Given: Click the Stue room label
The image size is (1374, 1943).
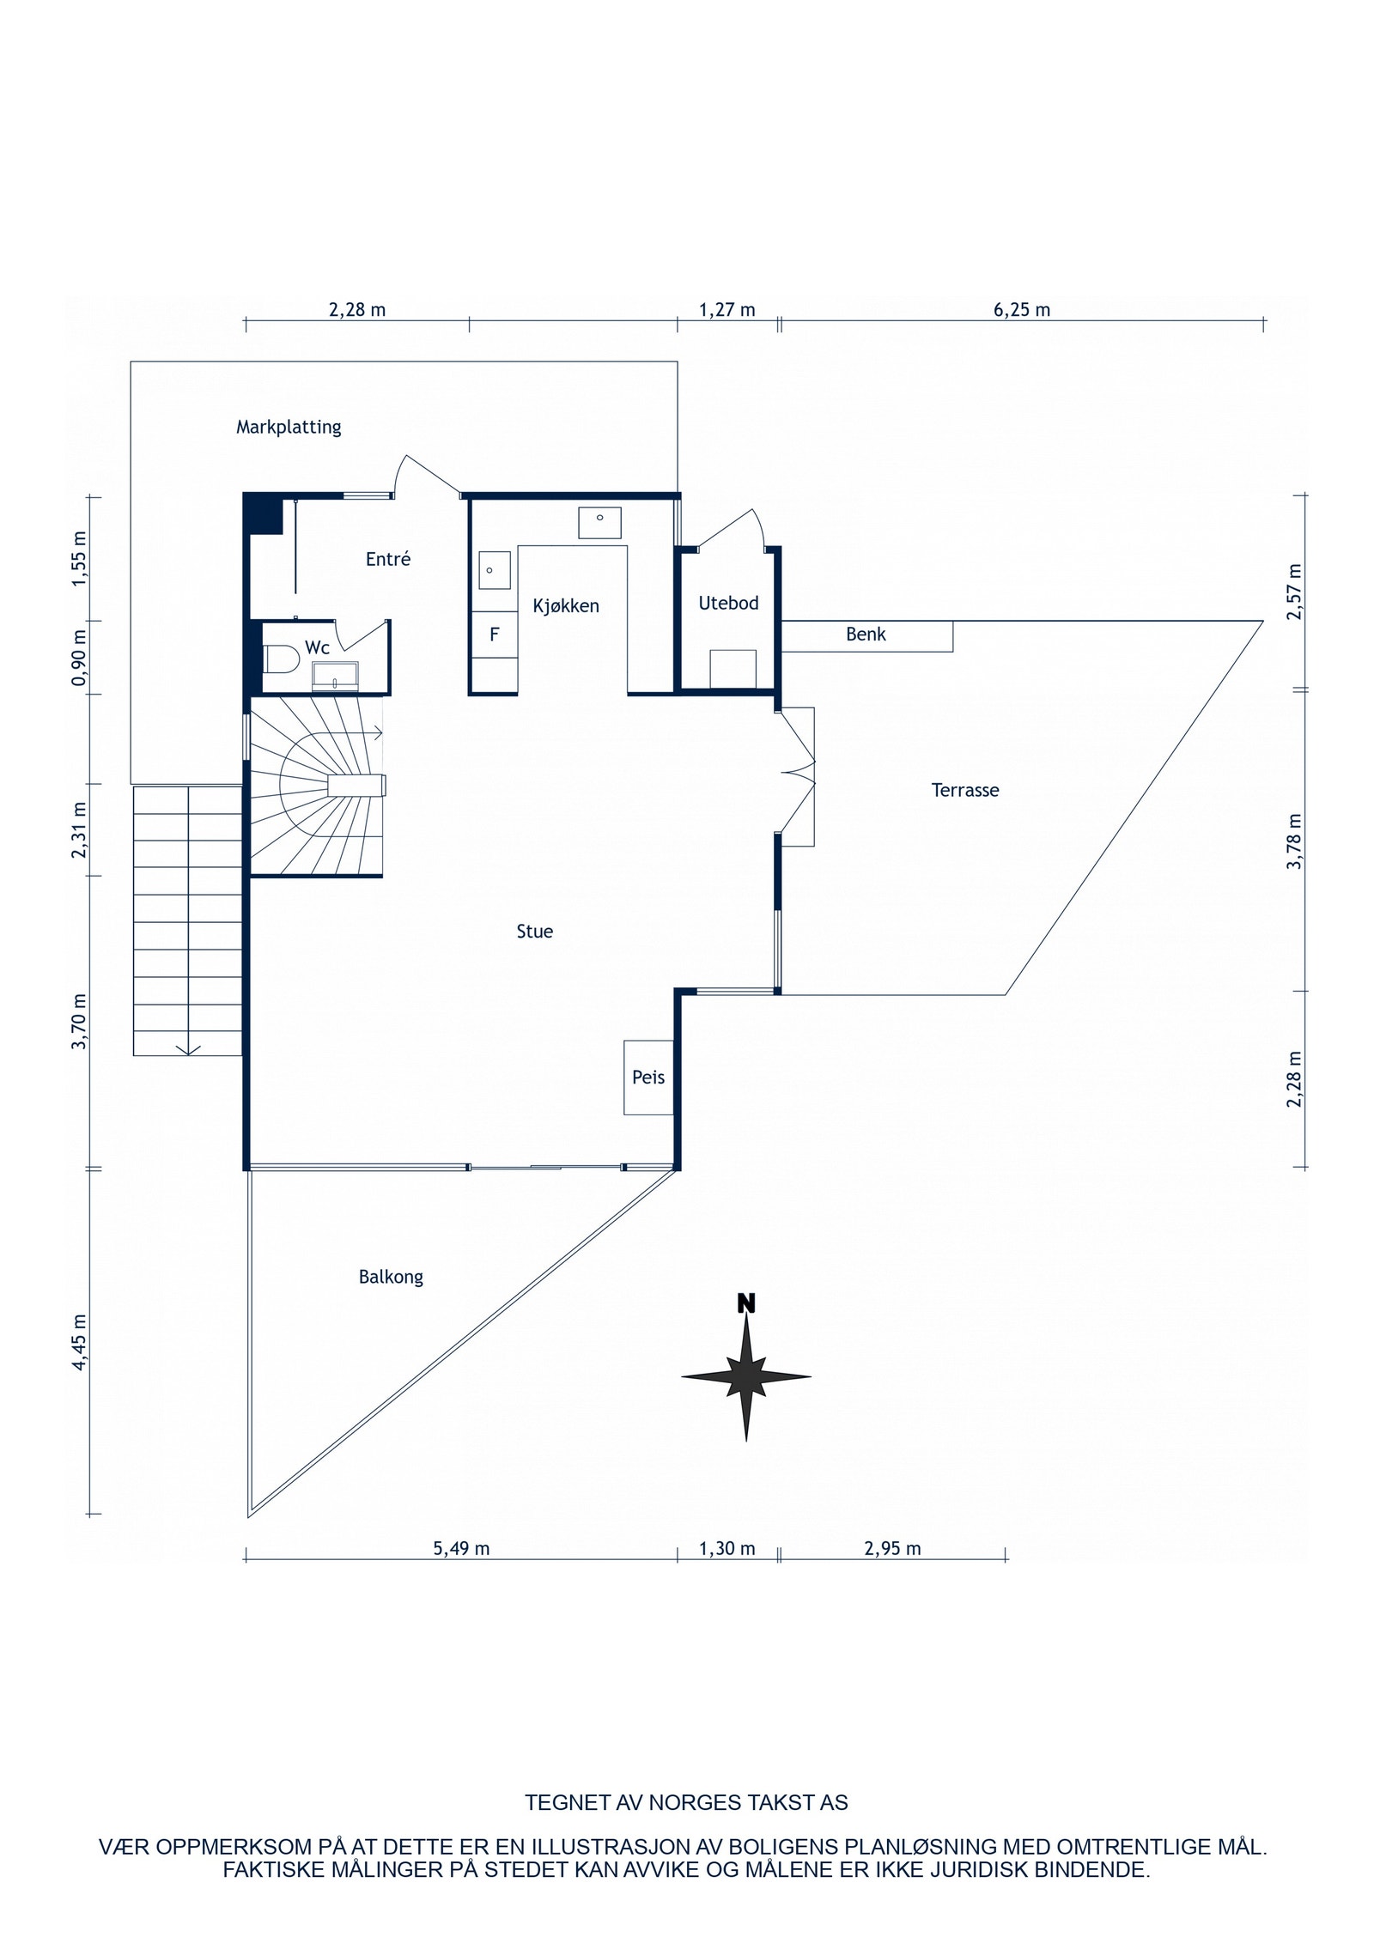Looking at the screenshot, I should pos(534,932).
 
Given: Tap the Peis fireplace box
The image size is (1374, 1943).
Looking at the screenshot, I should pos(648,1077).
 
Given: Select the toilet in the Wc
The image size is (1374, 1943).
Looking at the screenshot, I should pos(280,659).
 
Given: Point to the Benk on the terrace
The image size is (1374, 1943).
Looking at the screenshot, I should pos(866,635).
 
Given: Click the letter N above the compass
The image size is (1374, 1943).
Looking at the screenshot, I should pos(746,1304).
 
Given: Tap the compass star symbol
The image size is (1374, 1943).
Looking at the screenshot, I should pos(746,1376).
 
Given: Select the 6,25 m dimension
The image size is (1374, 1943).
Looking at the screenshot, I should pos(1022,310).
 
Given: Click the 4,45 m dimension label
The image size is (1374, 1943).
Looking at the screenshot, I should pos(80,1343).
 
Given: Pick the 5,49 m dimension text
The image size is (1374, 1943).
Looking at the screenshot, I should pos(461,1549).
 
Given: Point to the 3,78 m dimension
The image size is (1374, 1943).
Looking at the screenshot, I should pos(1295,841).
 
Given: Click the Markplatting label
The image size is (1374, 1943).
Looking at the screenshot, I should pos(289,427).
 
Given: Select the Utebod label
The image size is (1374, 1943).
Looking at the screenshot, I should pos(728,604).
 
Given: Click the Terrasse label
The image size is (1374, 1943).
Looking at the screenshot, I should pos(965,790).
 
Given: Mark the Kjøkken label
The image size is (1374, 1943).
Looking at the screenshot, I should pos(566,606).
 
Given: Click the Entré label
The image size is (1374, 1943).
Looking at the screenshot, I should pos(388,560).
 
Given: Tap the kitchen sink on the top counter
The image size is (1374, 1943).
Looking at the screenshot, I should pos(599,521).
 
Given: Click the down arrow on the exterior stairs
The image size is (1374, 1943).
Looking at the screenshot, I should pos(189,1048).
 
